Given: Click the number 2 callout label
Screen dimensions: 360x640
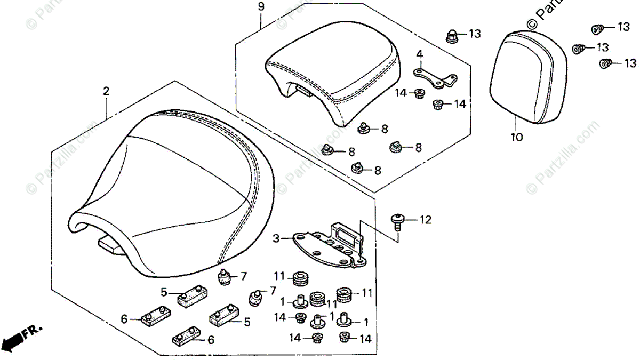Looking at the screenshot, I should (x=106, y=91).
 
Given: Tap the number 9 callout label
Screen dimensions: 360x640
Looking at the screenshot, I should (x=261, y=7).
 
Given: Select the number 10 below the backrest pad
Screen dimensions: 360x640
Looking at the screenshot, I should (x=516, y=137).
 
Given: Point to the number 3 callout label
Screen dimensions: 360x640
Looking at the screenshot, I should (x=276, y=238).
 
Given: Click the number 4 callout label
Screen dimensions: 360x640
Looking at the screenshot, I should (x=419, y=54).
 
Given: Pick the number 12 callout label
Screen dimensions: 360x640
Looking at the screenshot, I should (x=425, y=219).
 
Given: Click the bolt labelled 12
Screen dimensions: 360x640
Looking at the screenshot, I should (x=397, y=220).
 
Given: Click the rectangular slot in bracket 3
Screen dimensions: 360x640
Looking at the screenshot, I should (x=342, y=233).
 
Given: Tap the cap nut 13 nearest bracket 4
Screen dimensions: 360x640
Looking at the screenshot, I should (x=451, y=37).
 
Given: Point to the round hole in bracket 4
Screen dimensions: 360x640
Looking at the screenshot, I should (x=420, y=71).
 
